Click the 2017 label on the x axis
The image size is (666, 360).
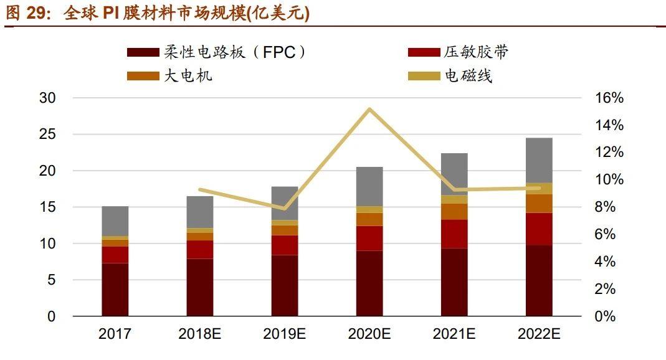pos(115,334)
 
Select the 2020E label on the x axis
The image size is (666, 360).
pos(369,334)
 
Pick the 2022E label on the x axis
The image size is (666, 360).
pos(539,334)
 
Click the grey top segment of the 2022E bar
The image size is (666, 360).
pos(539,160)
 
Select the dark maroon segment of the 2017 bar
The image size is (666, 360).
pos(115,290)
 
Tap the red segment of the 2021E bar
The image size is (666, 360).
pos(454,234)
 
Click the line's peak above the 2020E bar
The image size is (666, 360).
pos(369,110)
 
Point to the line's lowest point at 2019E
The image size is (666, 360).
pos(285,209)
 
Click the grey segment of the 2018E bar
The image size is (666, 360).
pos(200,212)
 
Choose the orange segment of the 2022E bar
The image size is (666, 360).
pos(539,203)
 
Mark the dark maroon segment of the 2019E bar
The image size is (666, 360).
pos(285,285)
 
